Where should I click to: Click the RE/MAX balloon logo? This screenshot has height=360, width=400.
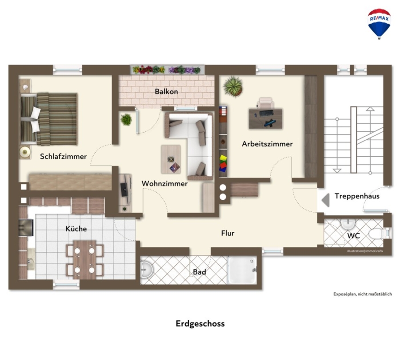point(379,24)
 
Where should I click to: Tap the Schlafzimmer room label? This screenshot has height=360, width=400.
point(63,156)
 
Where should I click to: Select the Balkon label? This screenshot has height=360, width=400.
point(166,92)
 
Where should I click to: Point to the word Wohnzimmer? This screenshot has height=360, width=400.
point(164,183)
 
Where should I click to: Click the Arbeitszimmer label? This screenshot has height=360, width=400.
point(267,144)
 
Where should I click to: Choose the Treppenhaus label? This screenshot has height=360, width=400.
point(357,196)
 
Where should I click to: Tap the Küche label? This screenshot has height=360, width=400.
point(76,228)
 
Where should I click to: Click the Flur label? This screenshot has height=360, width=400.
point(228,233)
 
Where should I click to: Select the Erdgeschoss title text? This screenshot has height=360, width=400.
point(200,324)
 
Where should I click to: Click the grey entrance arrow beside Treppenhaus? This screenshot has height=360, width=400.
point(325,200)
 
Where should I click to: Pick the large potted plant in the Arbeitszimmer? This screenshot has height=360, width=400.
point(233,86)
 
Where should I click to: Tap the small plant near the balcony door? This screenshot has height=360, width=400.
point(126,120)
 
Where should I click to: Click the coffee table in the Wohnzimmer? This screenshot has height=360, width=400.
point(171,159)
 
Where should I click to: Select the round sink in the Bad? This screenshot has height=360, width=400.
point(146,270)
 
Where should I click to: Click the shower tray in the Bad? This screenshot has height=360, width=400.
point(242,270)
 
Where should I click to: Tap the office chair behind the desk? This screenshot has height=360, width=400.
point(266,103)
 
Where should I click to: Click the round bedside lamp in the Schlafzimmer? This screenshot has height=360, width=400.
point(25,152)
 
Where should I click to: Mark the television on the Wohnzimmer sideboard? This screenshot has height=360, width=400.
point(124,190)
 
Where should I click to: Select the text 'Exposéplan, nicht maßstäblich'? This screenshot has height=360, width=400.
point(363,294)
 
